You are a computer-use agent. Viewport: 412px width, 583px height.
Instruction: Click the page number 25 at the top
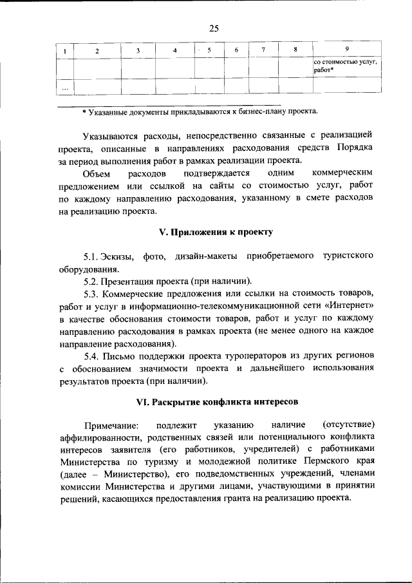pos(214,28)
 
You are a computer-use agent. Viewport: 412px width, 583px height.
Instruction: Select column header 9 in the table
pos(347,50)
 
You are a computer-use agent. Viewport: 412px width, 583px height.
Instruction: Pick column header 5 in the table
pos(209,50)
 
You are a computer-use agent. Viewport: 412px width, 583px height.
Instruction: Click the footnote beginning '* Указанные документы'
pos(200,111)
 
